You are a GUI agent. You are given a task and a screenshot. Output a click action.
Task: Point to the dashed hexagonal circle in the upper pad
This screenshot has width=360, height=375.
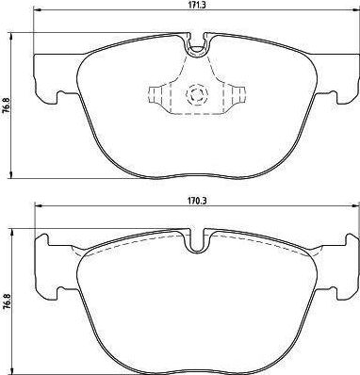click(197, 94)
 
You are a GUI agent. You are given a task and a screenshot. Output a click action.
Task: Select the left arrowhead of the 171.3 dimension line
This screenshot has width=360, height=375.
click(37, 11)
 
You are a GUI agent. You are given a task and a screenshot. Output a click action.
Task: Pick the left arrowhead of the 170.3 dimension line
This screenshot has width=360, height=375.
click(38, 206)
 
